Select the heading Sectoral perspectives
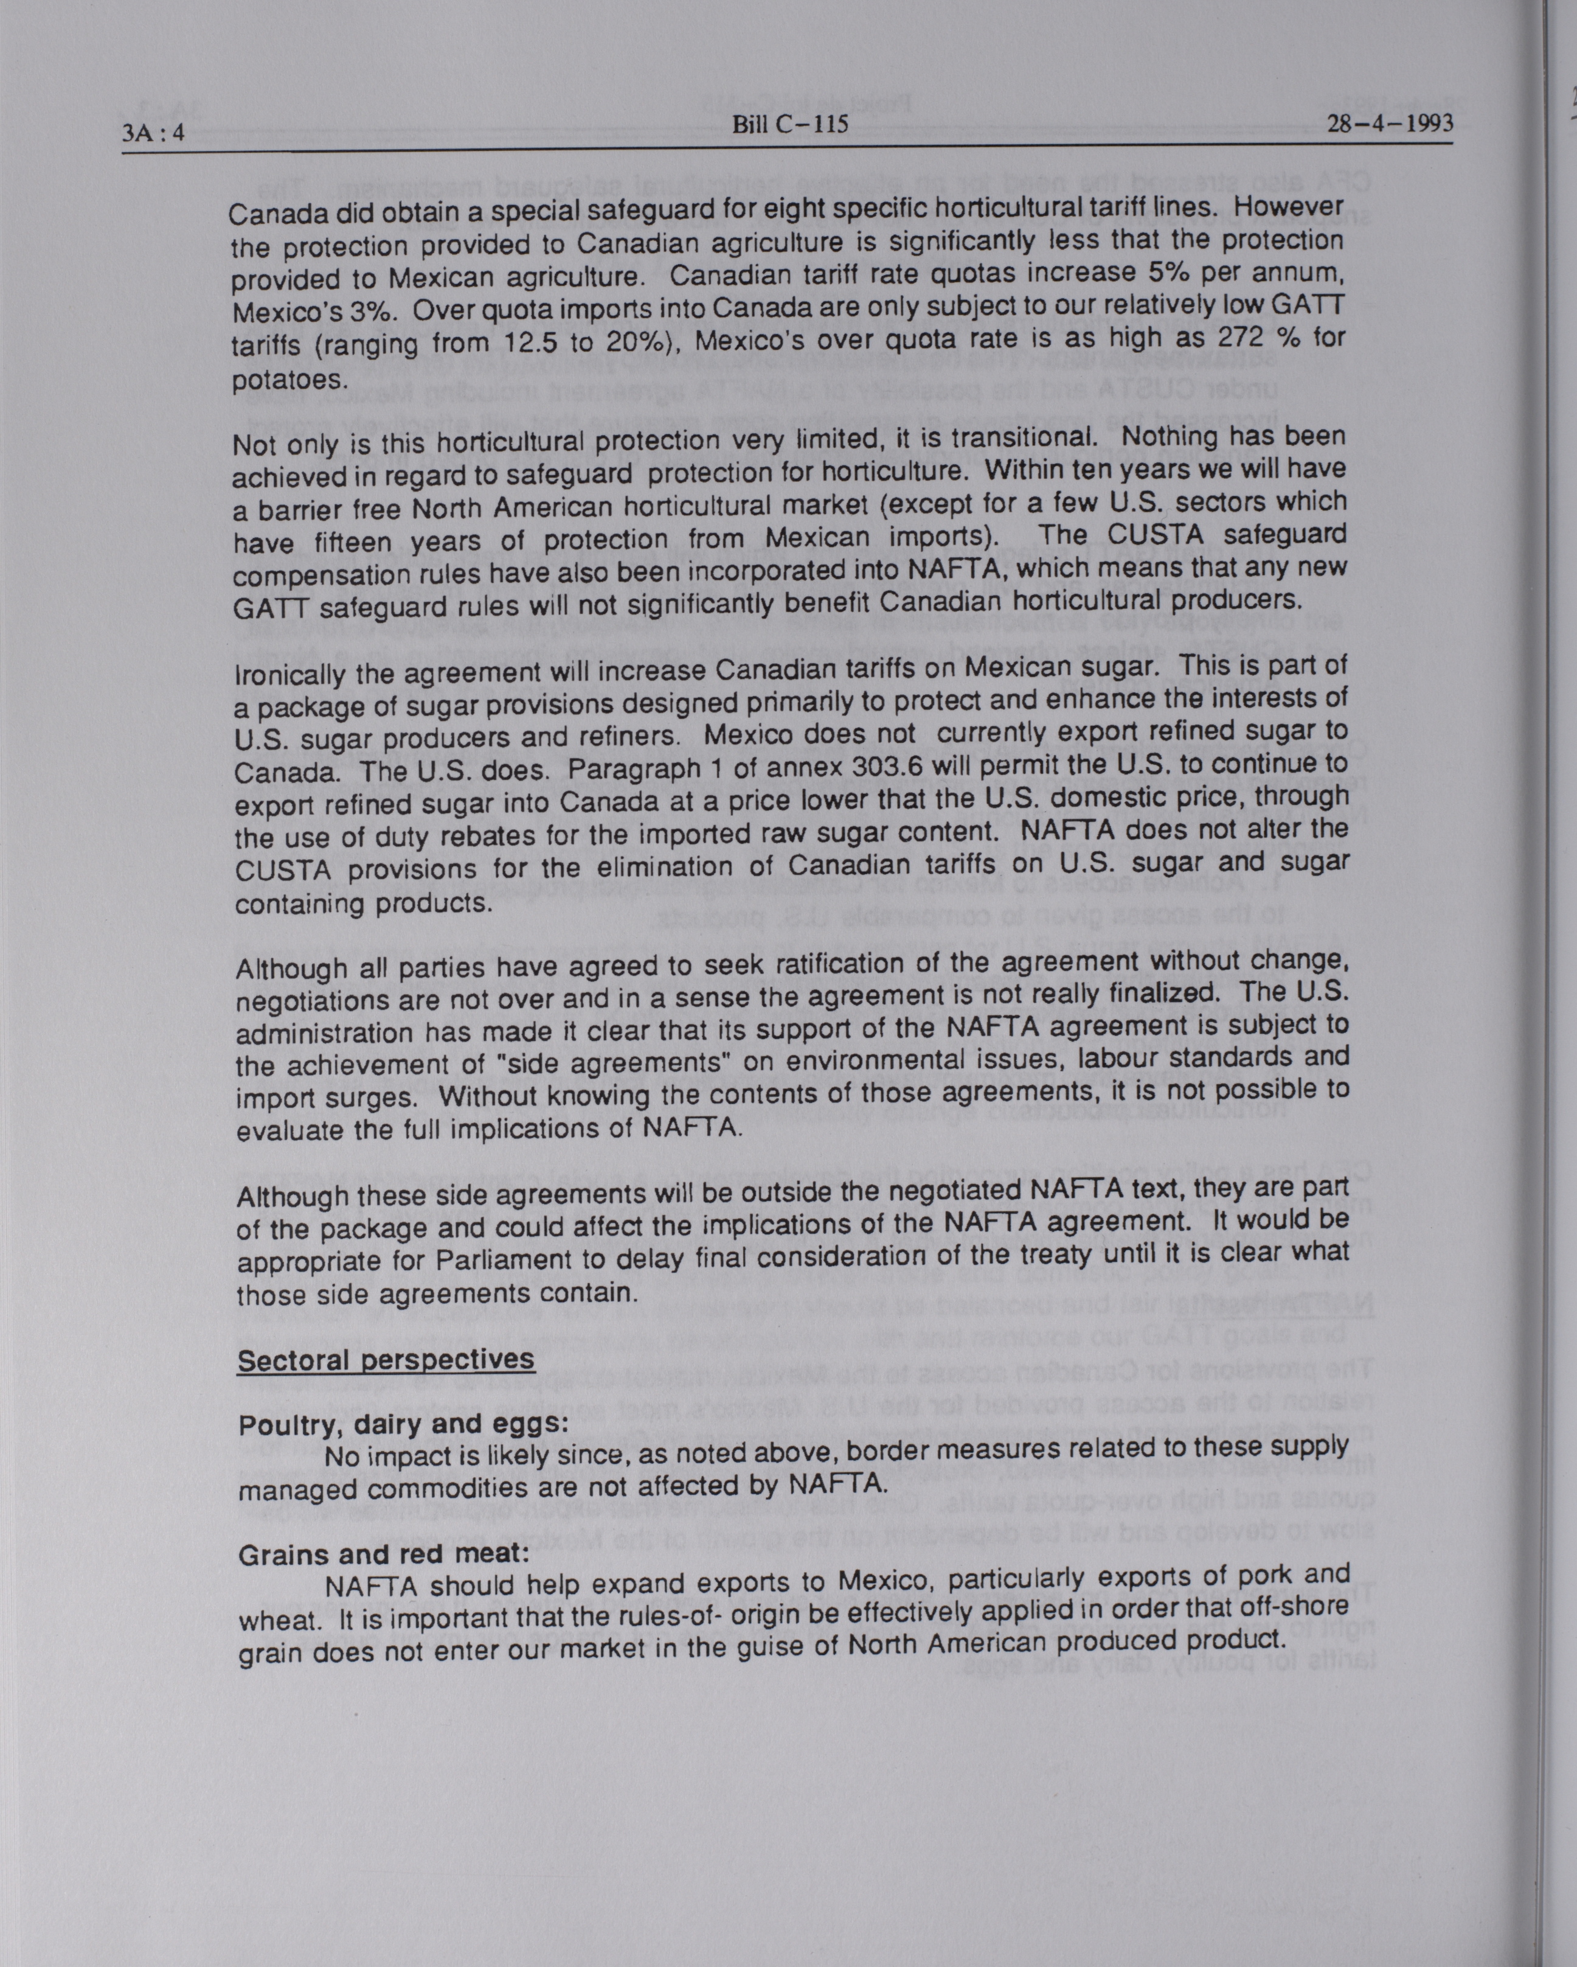pyautogui.click(x=386, y=1359)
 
